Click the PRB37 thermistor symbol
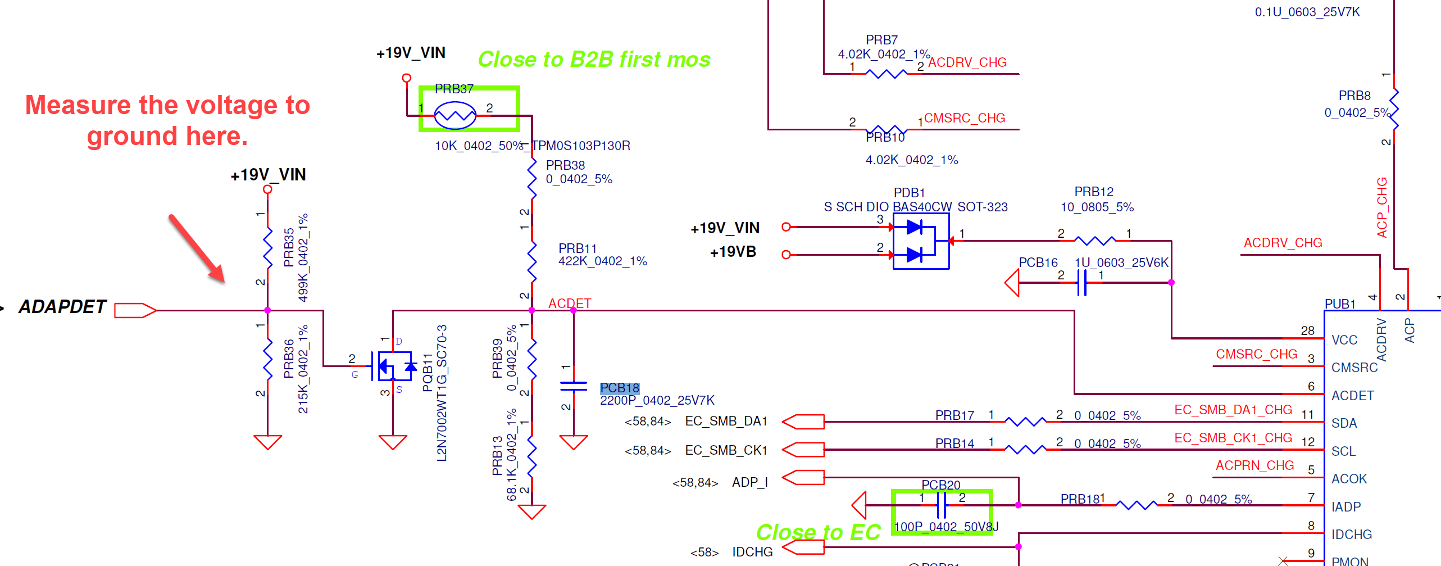455,115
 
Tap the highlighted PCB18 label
619,388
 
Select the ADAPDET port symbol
135,310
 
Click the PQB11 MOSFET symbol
395,366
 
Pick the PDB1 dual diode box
921,241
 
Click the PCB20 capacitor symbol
942,505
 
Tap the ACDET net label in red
569,303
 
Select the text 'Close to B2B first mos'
594,59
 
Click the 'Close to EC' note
818,532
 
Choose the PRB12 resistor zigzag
1094,241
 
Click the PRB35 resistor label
289,247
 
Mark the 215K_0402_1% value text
303,369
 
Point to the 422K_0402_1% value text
602,261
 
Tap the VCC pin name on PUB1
1344,340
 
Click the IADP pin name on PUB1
1345,507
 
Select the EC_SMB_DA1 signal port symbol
803,422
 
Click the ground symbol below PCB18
574,442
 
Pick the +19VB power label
733,252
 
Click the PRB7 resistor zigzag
886,74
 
